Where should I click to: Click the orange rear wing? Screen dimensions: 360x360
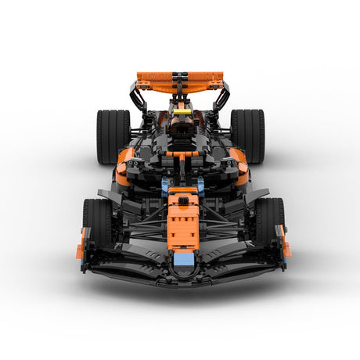157,78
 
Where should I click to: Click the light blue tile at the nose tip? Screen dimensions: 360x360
182,259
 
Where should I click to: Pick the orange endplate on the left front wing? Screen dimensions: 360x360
81,244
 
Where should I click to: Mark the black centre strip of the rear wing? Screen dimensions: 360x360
181,80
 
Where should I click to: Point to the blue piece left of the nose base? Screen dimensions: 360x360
165,186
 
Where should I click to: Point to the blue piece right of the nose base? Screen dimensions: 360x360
200,186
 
